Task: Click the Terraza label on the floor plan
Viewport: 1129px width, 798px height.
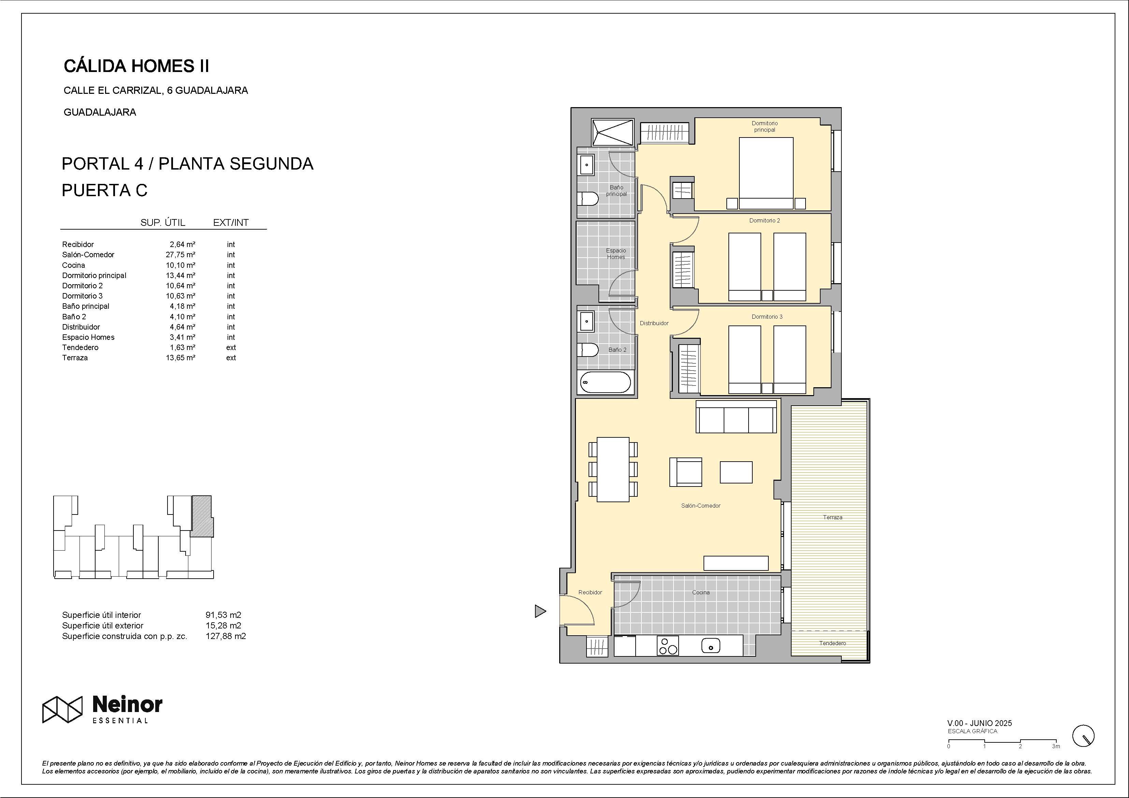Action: tap(833, 517)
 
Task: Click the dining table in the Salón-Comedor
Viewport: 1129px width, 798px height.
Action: tap(613, 469)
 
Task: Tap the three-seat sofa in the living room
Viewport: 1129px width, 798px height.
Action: tap(736, 417)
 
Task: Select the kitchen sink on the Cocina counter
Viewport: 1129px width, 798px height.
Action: tap(711, 645)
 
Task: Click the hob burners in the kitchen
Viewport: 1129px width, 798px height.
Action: tap(668, 645)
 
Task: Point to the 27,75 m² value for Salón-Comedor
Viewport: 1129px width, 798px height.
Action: tap(180, 255)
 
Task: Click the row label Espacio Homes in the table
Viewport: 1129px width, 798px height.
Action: tap(88, 337)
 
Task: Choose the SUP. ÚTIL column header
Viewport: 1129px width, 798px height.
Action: tap(163, 223)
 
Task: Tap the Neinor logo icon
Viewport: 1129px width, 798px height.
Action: tap(62, 710)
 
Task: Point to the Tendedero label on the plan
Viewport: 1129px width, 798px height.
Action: tap(833, 643)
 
